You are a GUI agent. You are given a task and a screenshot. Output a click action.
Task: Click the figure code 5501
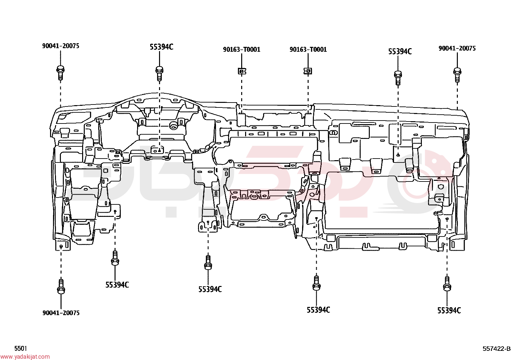(x=21, y=348)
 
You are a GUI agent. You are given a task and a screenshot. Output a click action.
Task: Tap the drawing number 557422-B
(x=496, y=349)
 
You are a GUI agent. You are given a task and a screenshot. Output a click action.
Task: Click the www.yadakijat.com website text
(x=25, y=357)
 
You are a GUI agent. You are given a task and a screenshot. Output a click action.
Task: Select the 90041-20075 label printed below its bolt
(x=61, y=313)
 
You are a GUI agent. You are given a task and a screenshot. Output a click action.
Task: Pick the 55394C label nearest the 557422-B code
(x=449, y=311)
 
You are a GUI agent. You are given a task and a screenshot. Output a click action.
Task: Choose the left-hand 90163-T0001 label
(x=242, y=49)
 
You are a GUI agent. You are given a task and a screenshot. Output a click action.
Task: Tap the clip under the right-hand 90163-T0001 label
(x=308, y=71)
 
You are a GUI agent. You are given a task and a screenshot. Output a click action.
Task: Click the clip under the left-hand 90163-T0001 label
(x=242, y=71)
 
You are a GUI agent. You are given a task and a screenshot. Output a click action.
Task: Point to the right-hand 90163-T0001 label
(x=308, y=49)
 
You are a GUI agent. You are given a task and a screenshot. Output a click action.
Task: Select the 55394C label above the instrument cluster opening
(x=161, y=47)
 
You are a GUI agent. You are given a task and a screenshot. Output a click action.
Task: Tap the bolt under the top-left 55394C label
(x=159, y=74)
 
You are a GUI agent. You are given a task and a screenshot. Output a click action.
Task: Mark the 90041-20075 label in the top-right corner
(x=457, y=48)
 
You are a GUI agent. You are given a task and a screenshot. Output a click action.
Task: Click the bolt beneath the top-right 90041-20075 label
(x=457, y=75)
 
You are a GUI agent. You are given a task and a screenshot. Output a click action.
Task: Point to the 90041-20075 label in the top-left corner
(x=61, y=46)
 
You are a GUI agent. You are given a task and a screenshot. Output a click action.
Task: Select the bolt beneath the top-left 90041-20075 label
(x=61, y=73)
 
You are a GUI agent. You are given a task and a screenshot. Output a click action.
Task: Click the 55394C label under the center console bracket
(x=210, y=289)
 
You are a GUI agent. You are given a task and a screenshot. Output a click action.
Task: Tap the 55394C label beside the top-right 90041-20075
(x=400, y=51)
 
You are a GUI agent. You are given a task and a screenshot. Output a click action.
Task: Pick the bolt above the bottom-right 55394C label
(x=447, y=284)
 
